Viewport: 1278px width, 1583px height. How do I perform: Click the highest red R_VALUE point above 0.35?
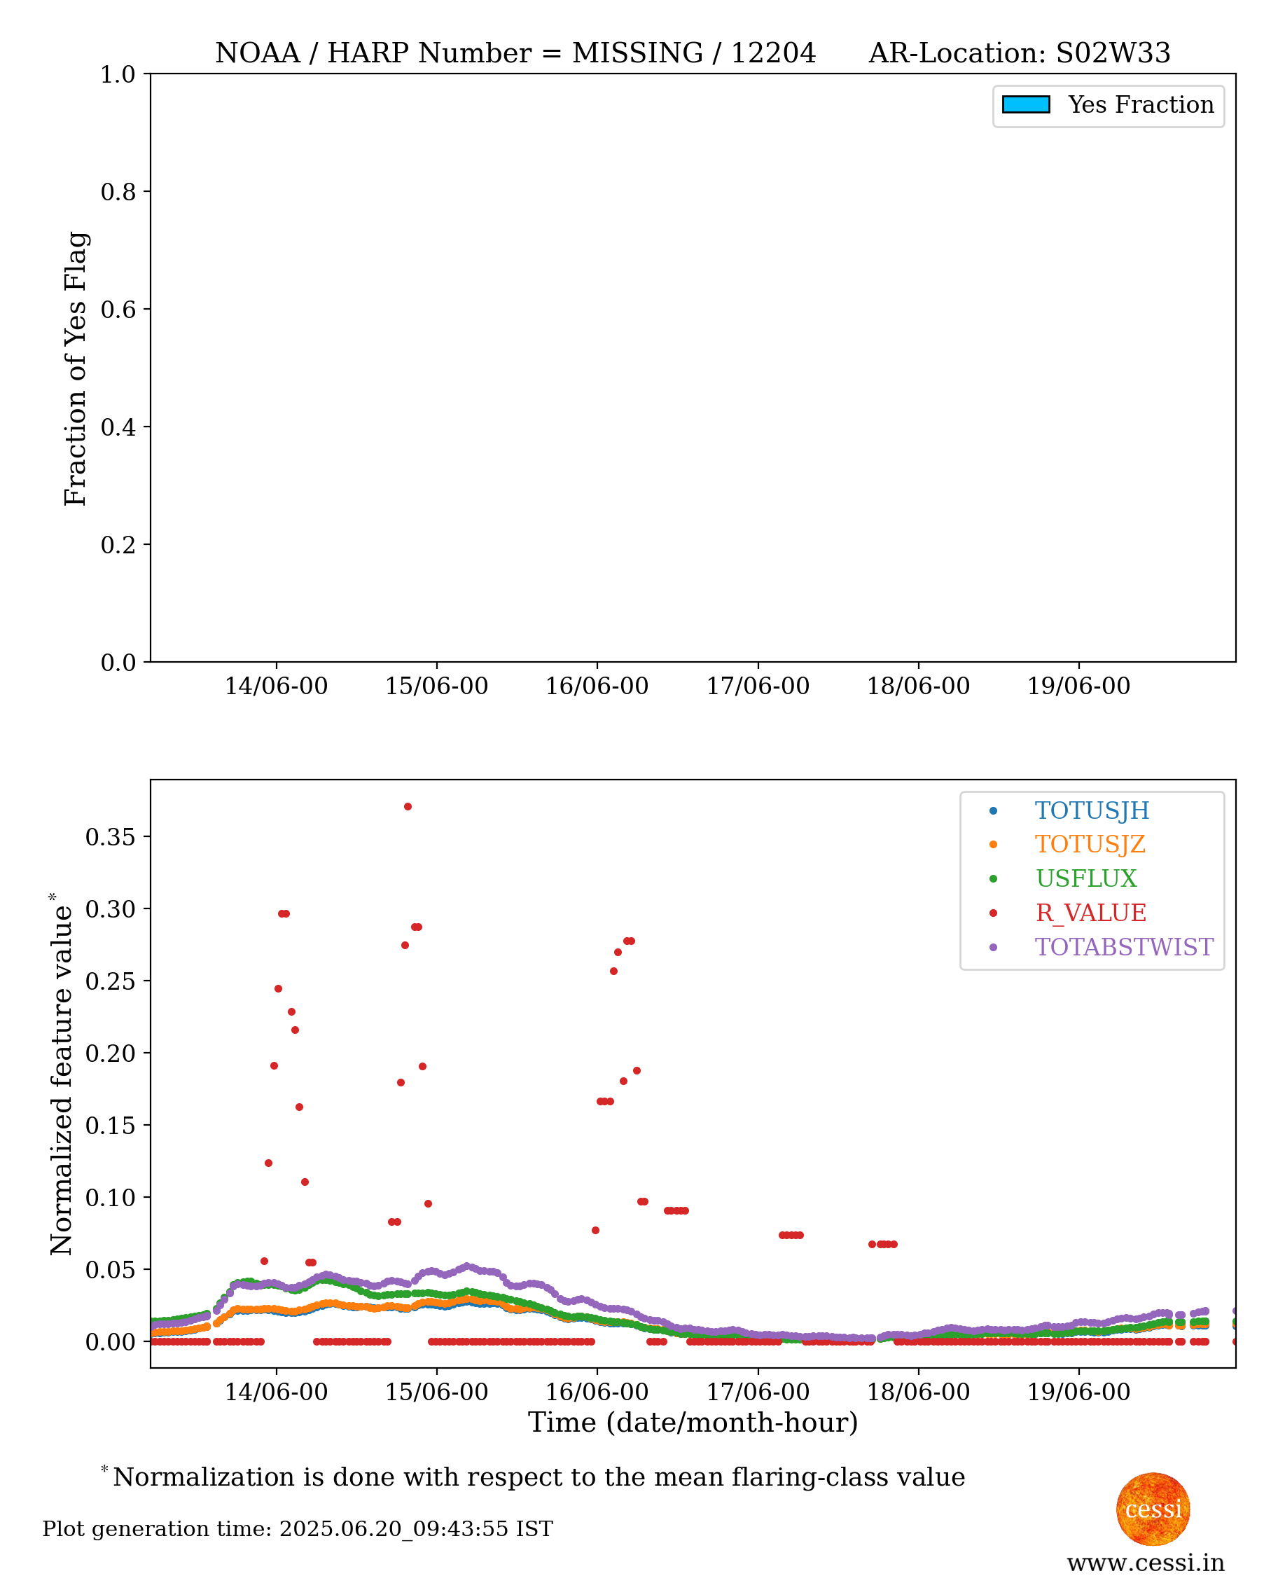click(x=408, y=807)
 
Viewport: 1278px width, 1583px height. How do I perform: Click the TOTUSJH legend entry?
click(x=1092, y=810)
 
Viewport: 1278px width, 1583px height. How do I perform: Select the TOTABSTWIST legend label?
click(x=1124, y=947)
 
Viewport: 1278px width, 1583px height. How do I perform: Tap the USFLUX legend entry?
click(x=1086, y=878)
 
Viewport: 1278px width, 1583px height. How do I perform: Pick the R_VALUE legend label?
click(x=1091, y=913)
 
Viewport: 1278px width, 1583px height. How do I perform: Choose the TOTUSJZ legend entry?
click(x=1090, y=845)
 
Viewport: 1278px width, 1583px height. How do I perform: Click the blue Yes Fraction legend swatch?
click(x=1025, y=104)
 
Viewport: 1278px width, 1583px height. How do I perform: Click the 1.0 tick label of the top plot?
click(x=118, y=74)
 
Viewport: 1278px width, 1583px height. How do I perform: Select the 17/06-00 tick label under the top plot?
click(x=758, y=686)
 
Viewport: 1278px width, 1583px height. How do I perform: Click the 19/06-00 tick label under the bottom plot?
click(x=1078, y=1392)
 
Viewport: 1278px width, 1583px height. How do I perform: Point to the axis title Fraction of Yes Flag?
click(x=75, y=368)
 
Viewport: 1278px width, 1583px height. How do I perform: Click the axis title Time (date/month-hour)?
click(x=693, y=1423)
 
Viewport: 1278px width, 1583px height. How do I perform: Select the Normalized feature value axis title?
click(x=61, y=1074)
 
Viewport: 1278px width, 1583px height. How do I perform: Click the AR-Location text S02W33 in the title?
click(x=1113, y=53)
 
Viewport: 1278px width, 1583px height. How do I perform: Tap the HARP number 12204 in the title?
click(x=773, y=53)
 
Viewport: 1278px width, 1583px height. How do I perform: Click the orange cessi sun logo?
click(x=1153, y=1509)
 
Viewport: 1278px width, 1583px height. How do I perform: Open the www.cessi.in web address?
click(x=1146, y=1563)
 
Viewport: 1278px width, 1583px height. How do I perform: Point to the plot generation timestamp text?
click(x=298, y=1529)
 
